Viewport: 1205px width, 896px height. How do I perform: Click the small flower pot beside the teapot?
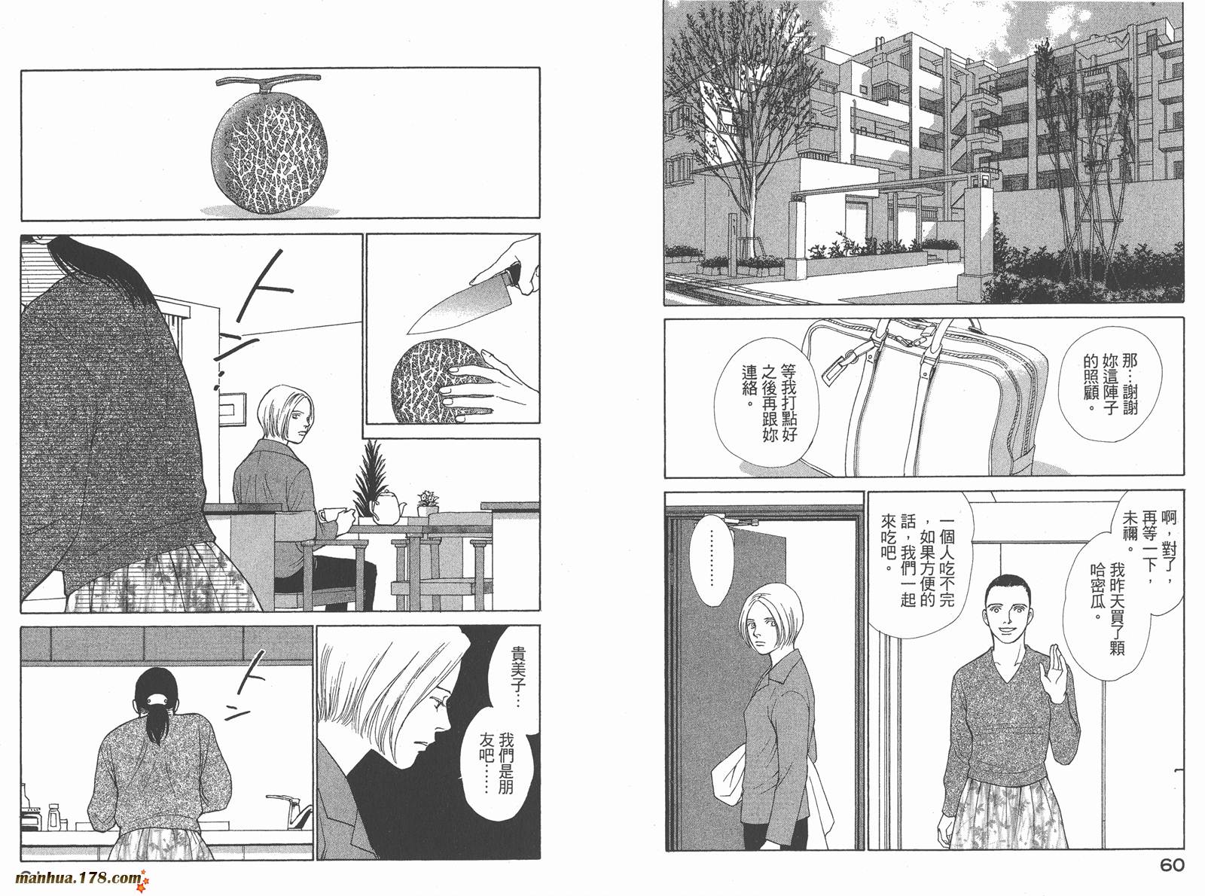pos(428,504)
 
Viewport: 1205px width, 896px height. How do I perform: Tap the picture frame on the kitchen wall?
pos(233,411)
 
